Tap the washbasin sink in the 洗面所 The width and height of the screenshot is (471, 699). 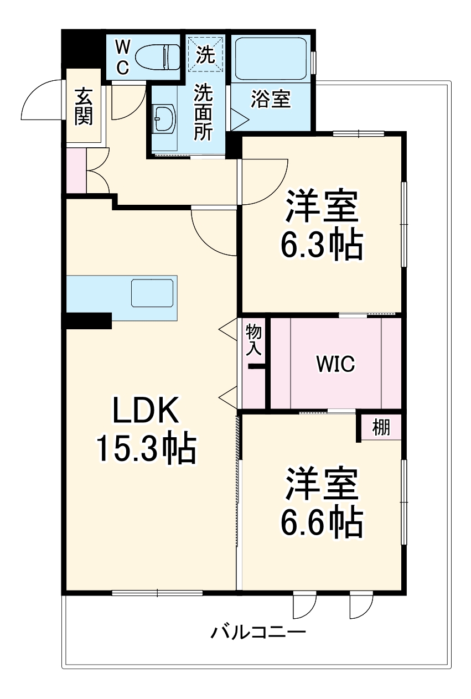click(164, 117)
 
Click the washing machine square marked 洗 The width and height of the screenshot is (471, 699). click(206, 54)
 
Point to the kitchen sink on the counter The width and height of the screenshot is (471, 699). click(152, 293)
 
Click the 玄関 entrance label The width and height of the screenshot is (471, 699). click(84, 106)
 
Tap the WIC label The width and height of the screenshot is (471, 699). click(335, 364)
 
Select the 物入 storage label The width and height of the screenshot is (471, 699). click(253, 340)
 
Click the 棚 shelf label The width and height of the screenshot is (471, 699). click(380, 427)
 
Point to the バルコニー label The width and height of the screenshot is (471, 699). click(257, 631)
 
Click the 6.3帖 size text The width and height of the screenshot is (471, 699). click(322, 244)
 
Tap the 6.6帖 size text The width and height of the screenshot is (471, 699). click(322, 521)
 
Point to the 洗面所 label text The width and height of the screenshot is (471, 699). click(203, 112)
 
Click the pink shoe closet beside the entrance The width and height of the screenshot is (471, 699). click(76, 171)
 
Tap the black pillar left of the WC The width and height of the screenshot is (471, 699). click(83, 49)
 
